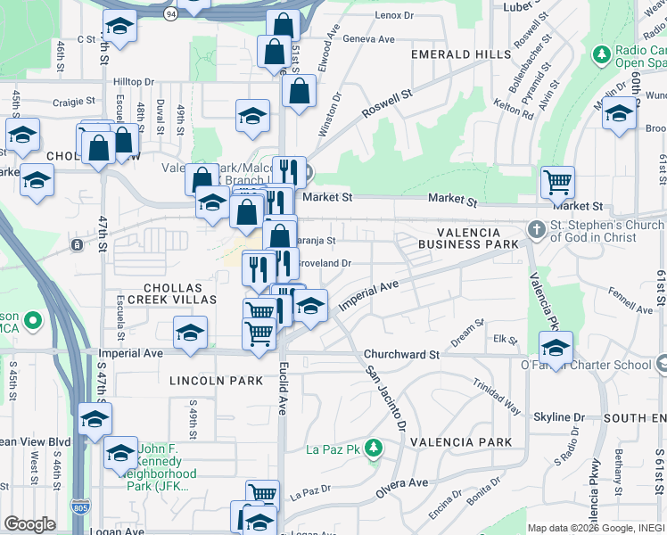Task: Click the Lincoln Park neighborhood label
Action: [217, 381]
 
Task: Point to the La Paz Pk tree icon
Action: [376, 447]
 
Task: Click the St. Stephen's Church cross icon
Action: [535, 229]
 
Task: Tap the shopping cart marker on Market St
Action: [557, 183]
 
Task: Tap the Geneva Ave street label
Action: [368, 39]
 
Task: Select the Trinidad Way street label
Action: [497, 396]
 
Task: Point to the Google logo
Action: [29, 524]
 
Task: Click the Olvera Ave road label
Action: [405, 483]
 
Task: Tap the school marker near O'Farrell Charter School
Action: [556, 347]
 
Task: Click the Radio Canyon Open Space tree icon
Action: [602, 54]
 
